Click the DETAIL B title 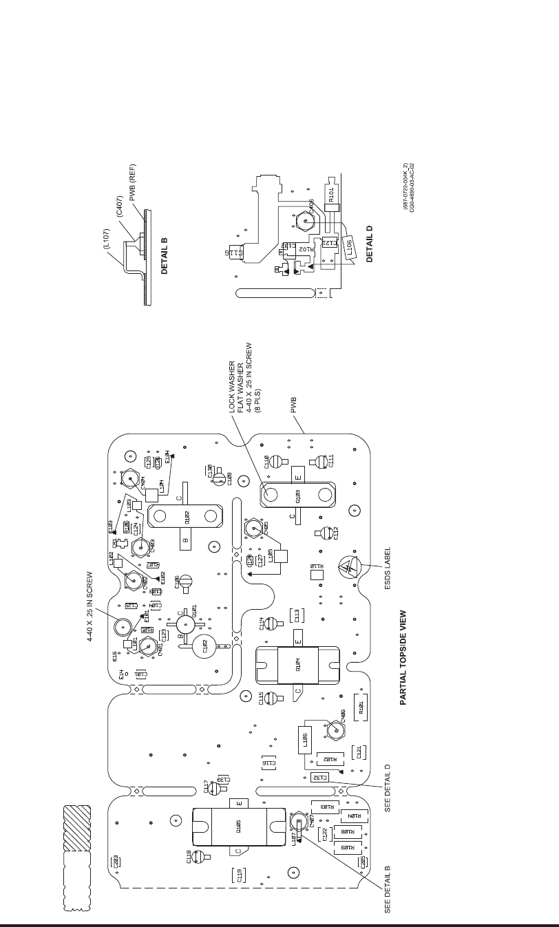coord(165,257)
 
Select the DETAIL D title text coord(370,244)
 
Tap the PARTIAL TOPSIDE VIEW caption coord(403,658)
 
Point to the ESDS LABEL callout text coord(388,568)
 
